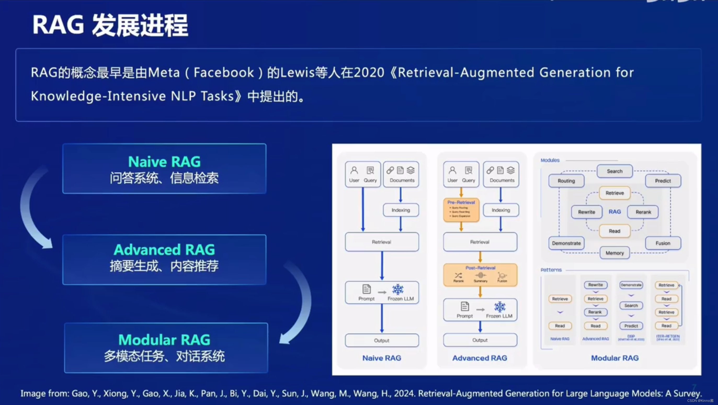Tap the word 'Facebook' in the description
tap(224, 72)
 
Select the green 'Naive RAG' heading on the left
tap(164, 161)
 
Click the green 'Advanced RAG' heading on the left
tap(164, 249)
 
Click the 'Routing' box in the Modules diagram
tap(566, 181)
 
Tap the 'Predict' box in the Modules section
tap(663, 181)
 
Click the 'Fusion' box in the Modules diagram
tap(663, 243)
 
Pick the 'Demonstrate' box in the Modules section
tap(566, 243)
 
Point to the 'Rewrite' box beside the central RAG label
tap(586, 212)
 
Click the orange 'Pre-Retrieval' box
tap(461, 210)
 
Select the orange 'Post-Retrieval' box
tap(480, 275)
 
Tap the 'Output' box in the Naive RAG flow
tap(381, 340)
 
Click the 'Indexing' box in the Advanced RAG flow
tap(501, 210)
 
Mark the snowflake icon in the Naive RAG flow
tap(398, 289)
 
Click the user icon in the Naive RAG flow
tap(354, 170)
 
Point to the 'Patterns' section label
tap(551, 270)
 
